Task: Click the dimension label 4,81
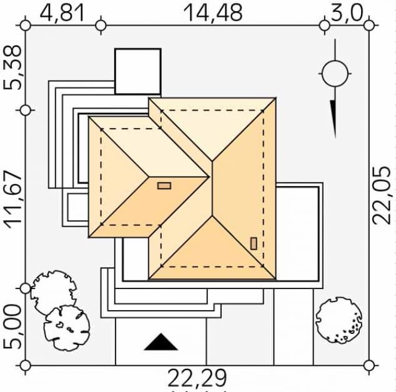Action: click(x=62, y=13)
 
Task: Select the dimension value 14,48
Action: click(x=213, y=13)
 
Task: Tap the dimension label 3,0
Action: click(x=347, y=13)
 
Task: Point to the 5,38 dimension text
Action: click(x=12, y=67)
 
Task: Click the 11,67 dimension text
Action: click(x=12, y=200)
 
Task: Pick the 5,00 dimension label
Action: click(x=12, y=326)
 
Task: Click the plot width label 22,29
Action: click(x=197, y=378)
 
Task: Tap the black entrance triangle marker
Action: click(x=161, y=342)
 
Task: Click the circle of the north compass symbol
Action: click(x=335, y=74)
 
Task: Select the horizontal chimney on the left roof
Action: click(x=164, y=186)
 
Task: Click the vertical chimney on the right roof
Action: click(x=254, y=243)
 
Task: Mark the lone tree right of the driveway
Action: click(x=339, y=320)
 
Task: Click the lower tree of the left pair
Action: click(x=67, y=328)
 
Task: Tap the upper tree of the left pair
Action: click(x=54, y=292)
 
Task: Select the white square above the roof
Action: click(x=138, y=71)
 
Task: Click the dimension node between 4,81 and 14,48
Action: click(x=101, y=26)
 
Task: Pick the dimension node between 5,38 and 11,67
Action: click(x=25, y=110)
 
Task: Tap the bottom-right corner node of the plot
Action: click(x=369, y=365)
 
